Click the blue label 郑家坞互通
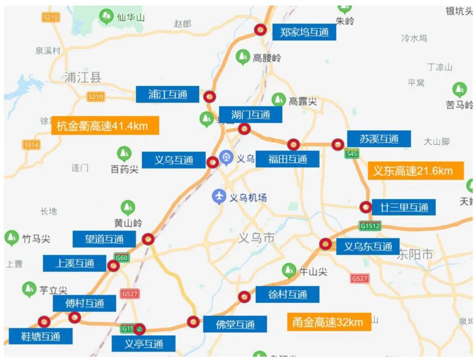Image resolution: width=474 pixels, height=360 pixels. click(x=304, y=32)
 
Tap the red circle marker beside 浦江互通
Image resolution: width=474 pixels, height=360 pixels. click(x=210, y=97)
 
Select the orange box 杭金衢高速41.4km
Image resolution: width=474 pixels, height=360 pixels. click(x=105, y=126)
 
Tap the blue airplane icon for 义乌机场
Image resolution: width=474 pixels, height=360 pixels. click(x=218, y=197)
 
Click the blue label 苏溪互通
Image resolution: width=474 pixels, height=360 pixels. click(x=379, y=139)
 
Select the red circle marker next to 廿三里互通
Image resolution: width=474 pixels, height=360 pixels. click(x=365, y=207)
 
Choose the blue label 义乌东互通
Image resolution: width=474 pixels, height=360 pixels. click(x=368, y=246)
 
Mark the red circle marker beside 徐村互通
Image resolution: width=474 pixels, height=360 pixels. click(x=244, y=297)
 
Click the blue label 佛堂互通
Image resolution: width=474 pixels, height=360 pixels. click(x=235, y=324)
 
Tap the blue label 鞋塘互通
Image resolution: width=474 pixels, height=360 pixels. click(x=41, y=337)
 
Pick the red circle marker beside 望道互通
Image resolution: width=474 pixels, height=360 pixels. click(x=148, y=239)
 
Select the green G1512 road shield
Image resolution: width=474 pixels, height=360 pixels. click(x=370, y=226)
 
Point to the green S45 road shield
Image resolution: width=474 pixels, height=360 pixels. click(x=351, y=154)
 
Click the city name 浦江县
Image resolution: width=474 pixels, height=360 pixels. click(x=83, y=78)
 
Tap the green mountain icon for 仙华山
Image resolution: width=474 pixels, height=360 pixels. click(x=106, y=17)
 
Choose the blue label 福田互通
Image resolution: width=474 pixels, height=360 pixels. click(x=287, y=159)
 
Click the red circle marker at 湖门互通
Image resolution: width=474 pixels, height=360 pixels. click(x=244, y=129)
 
